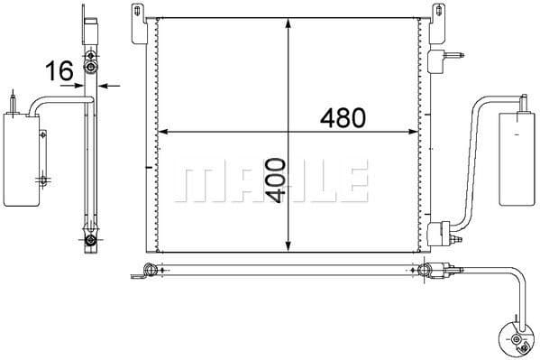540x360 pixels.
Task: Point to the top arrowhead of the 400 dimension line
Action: [287, 23]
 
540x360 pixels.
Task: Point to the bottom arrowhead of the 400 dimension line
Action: [287, 245]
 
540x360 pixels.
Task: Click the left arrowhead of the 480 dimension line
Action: [163, 134]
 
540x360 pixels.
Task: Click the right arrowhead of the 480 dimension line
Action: [416, 134]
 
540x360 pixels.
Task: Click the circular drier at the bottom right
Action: [517, 339]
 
